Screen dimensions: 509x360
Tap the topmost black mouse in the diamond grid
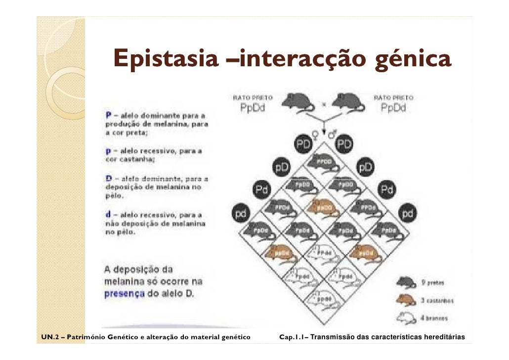pyautogui.click(x=324, y=162)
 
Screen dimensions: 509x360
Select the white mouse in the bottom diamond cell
pyautogui.click(x=324, y=299)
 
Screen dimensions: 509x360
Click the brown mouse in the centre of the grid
pyautogui.click(x=324, y=207)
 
